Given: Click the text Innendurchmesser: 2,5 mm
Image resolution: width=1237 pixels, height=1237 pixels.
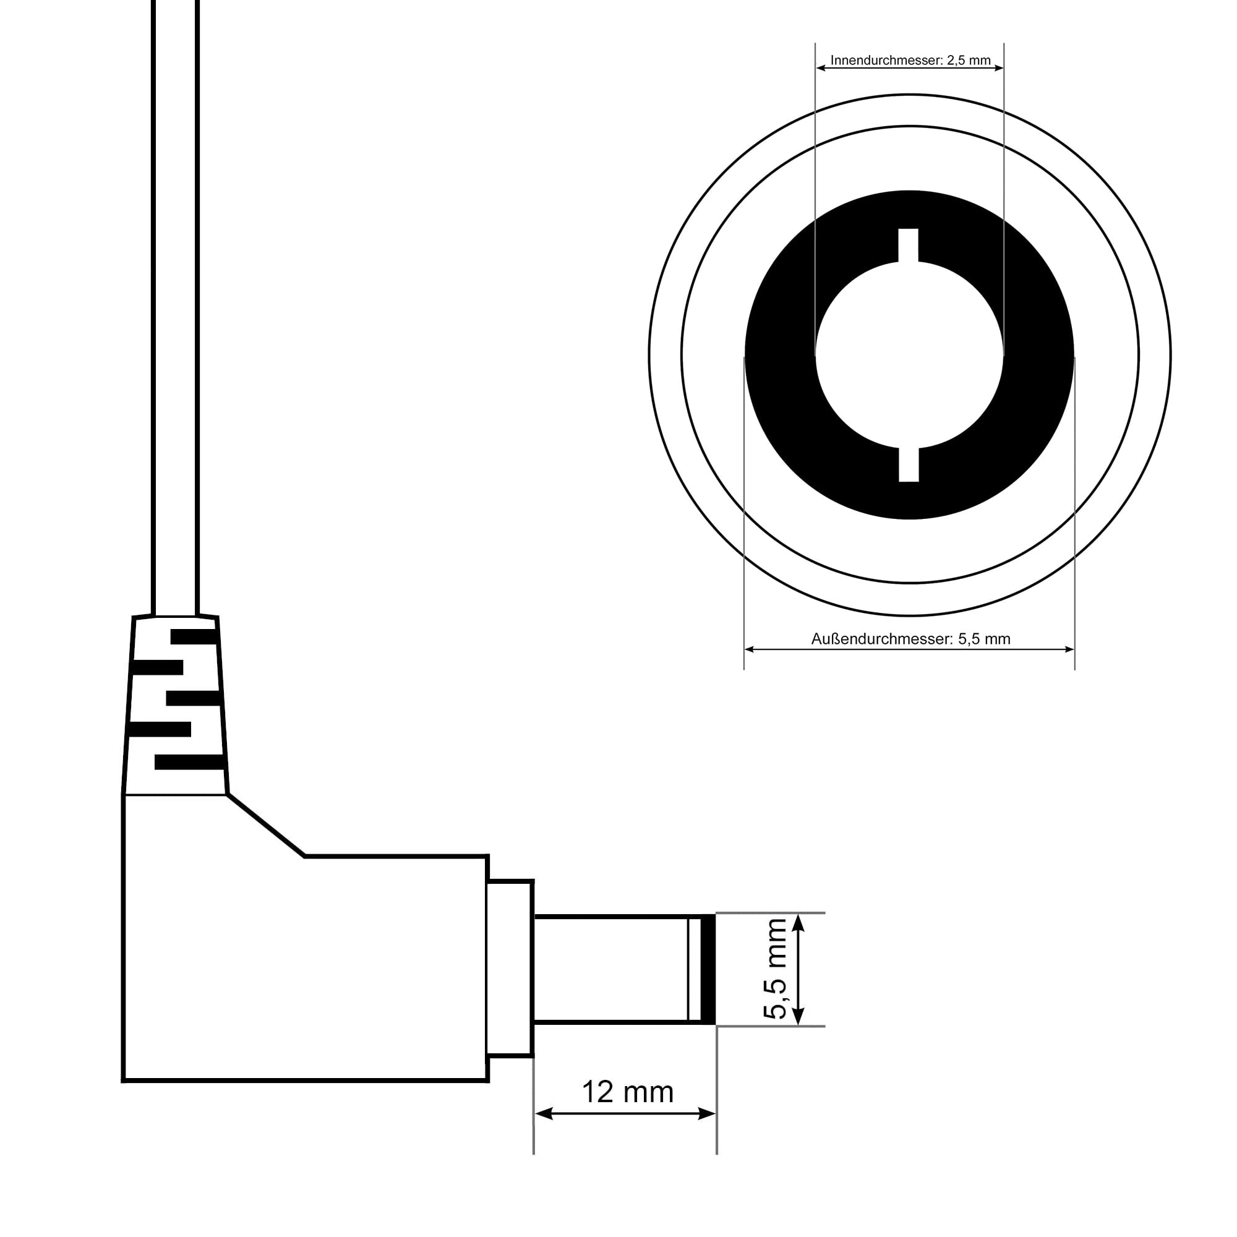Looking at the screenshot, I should [x=910, y=60].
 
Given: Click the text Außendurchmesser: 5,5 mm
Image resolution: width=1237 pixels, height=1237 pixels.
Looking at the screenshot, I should [x=910, y=639].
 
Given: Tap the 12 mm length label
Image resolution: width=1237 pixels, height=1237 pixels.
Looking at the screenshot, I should [x=627, y=1092].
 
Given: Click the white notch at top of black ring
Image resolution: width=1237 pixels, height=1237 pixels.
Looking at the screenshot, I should [x=908, y=245].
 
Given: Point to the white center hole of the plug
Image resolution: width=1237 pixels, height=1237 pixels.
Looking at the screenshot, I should [x=909, y=356].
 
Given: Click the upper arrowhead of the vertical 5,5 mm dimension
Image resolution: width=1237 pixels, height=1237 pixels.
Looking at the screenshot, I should [x=798, y=923].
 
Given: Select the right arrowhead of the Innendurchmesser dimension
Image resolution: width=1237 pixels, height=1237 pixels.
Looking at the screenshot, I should [x=999, y=68].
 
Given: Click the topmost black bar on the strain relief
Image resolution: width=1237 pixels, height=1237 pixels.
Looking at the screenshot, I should [x=194, y=637].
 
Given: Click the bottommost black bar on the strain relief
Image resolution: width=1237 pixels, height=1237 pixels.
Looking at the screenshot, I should [x=189, y=762].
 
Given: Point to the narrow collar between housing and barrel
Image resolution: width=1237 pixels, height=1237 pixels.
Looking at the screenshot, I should [x=509, y=968].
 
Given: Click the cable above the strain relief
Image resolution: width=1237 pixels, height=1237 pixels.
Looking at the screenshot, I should [x=175, y=320].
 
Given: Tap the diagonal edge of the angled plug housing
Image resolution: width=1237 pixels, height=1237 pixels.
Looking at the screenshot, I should [x=266, y=825].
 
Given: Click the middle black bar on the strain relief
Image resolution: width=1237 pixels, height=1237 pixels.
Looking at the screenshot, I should [x=193, y=698].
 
